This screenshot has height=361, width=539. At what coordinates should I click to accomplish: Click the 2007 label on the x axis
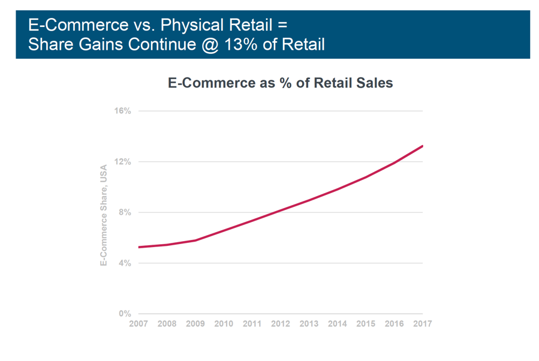pyautogui.click(x=138, y=324)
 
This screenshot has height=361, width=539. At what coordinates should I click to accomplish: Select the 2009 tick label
pyautogui.click(x=195, y=324)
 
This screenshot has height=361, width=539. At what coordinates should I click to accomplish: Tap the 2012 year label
pyautogui.click(x=281, y=324)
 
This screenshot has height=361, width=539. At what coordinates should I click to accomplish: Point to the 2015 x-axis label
pyautogui.click(x=366, y=324)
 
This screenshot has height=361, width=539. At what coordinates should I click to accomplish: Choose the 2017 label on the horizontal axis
pyautogui.click(x=422, y=324)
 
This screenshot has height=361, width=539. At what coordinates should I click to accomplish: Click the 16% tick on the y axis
pyautogui.click(x=122, y=111)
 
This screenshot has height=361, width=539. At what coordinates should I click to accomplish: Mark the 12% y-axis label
pyautogui.click(x=122, y=162)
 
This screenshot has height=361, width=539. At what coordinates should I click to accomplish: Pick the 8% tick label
pyautogui.click(x=125, y=212)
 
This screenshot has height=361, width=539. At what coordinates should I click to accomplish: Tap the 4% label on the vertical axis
pyautogui.click(x=125, y=263)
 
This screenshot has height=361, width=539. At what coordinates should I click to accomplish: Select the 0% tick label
pyautogui.click(x=125, y=314)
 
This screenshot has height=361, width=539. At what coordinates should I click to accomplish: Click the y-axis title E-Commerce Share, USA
pyautogui.click(x=104, y=215)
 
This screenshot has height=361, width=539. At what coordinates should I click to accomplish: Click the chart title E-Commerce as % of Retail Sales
pyautogui.click(x=280, y=83)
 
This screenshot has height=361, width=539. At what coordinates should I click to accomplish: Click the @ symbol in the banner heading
pyautogui.click(x=209, y=44)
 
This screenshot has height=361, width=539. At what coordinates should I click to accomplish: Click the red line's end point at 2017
pyautogui.click(x=422, y=146)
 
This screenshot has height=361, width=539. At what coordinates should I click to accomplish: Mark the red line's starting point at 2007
pyautogui.click(x=139, y=247)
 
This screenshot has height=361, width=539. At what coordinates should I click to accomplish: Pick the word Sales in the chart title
pyautogui.click(x=375, y=83)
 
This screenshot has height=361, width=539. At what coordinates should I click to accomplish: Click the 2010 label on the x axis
pyautogui.click(x=224, y=324)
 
